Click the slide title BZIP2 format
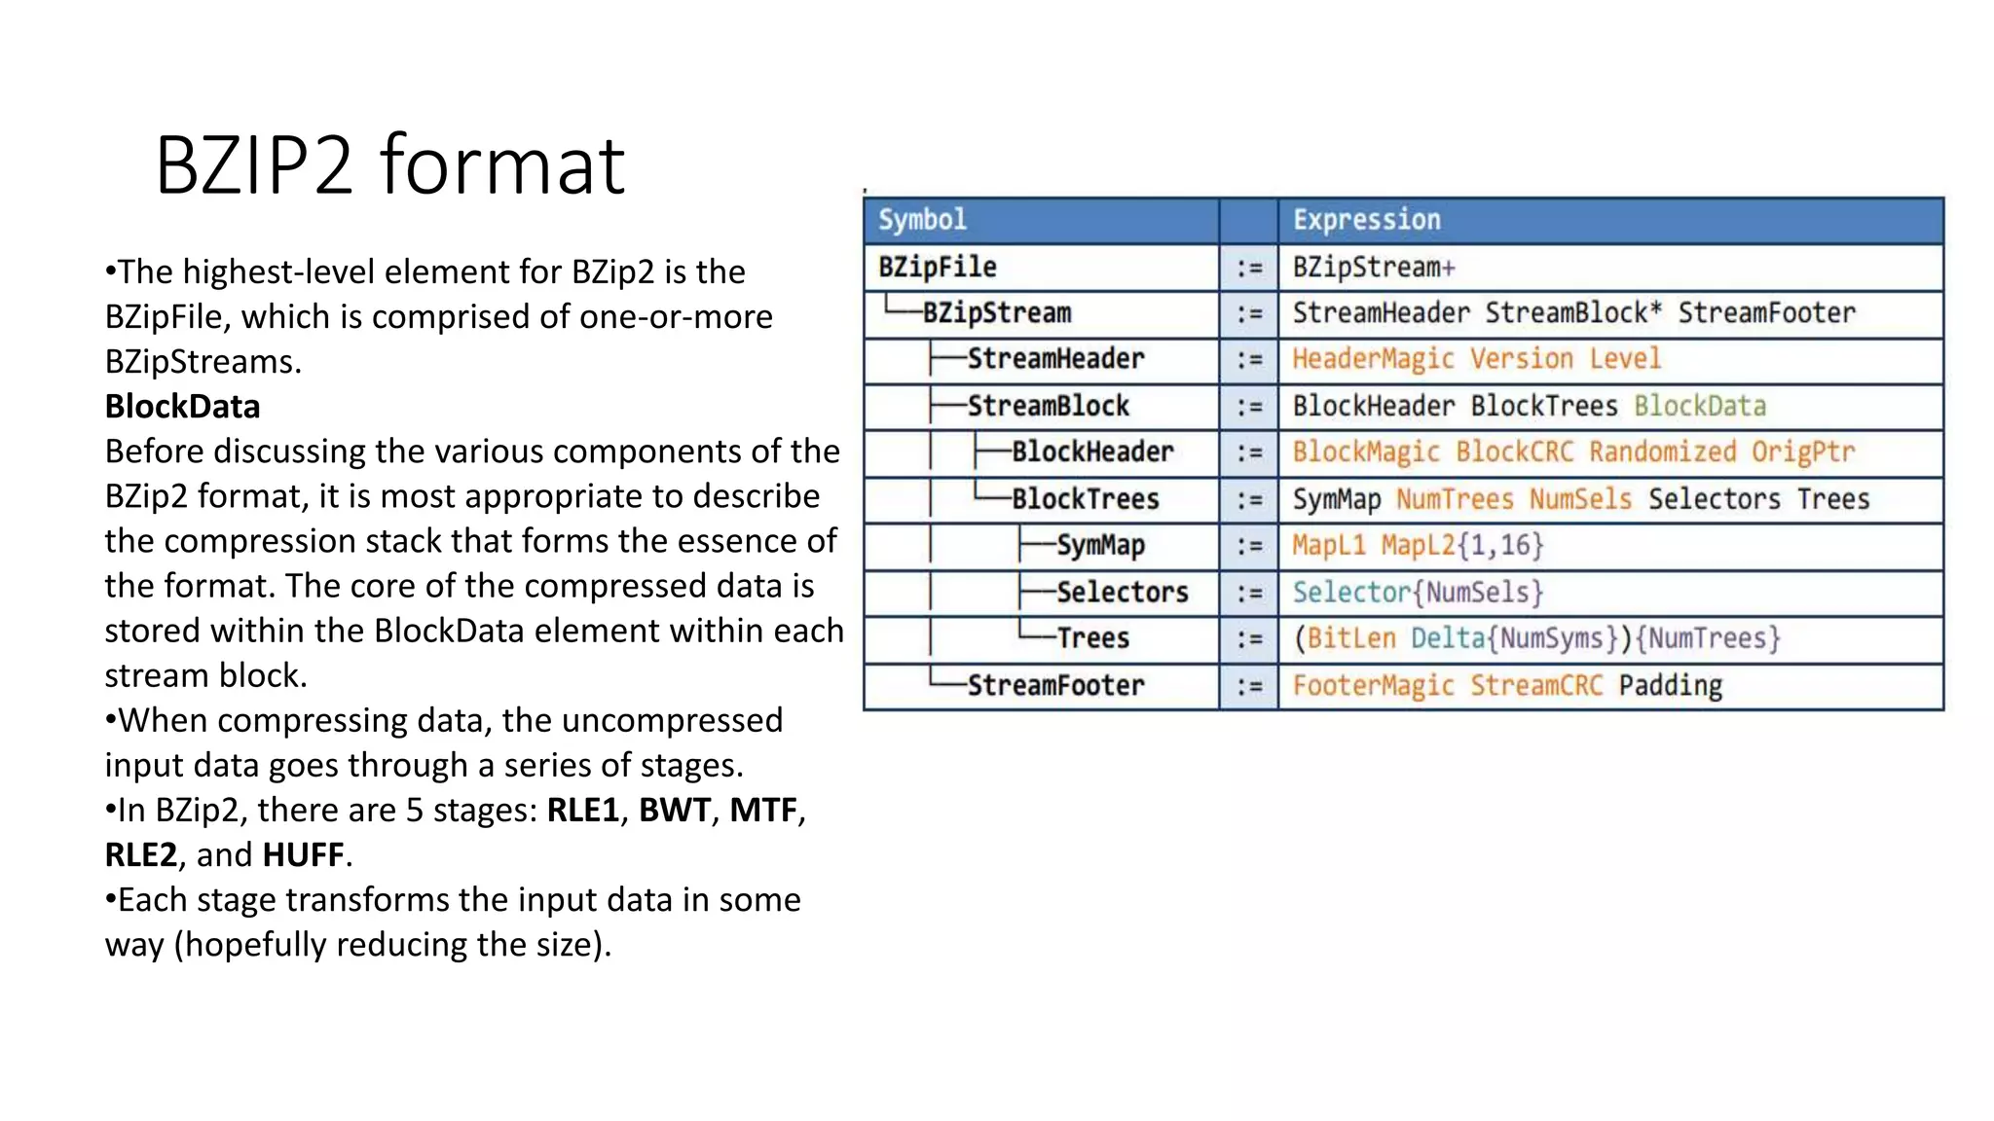coord(389,165)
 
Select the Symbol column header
coord(922,220)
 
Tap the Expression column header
coord(1366,220)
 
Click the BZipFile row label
coord(937,268)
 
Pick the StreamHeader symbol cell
coord(1054,359)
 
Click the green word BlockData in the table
coord(1699,406)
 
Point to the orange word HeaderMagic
coord(1372,359)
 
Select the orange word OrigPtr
coord(1802,452)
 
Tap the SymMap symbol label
coord(1100,546)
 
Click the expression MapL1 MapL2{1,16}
coord(1417,545)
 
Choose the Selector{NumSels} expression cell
coord(1417,592)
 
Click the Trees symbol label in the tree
coord(1092,638)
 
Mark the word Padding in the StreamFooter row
coord(1670,685)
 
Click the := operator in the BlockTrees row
coord(1249,499)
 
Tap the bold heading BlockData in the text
coord(182,407)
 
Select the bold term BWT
coord(674,810)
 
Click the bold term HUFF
coord(303,854)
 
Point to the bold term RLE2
coord(141,854)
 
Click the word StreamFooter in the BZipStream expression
coord(1766,313)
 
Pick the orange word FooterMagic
coord(1372,685)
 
